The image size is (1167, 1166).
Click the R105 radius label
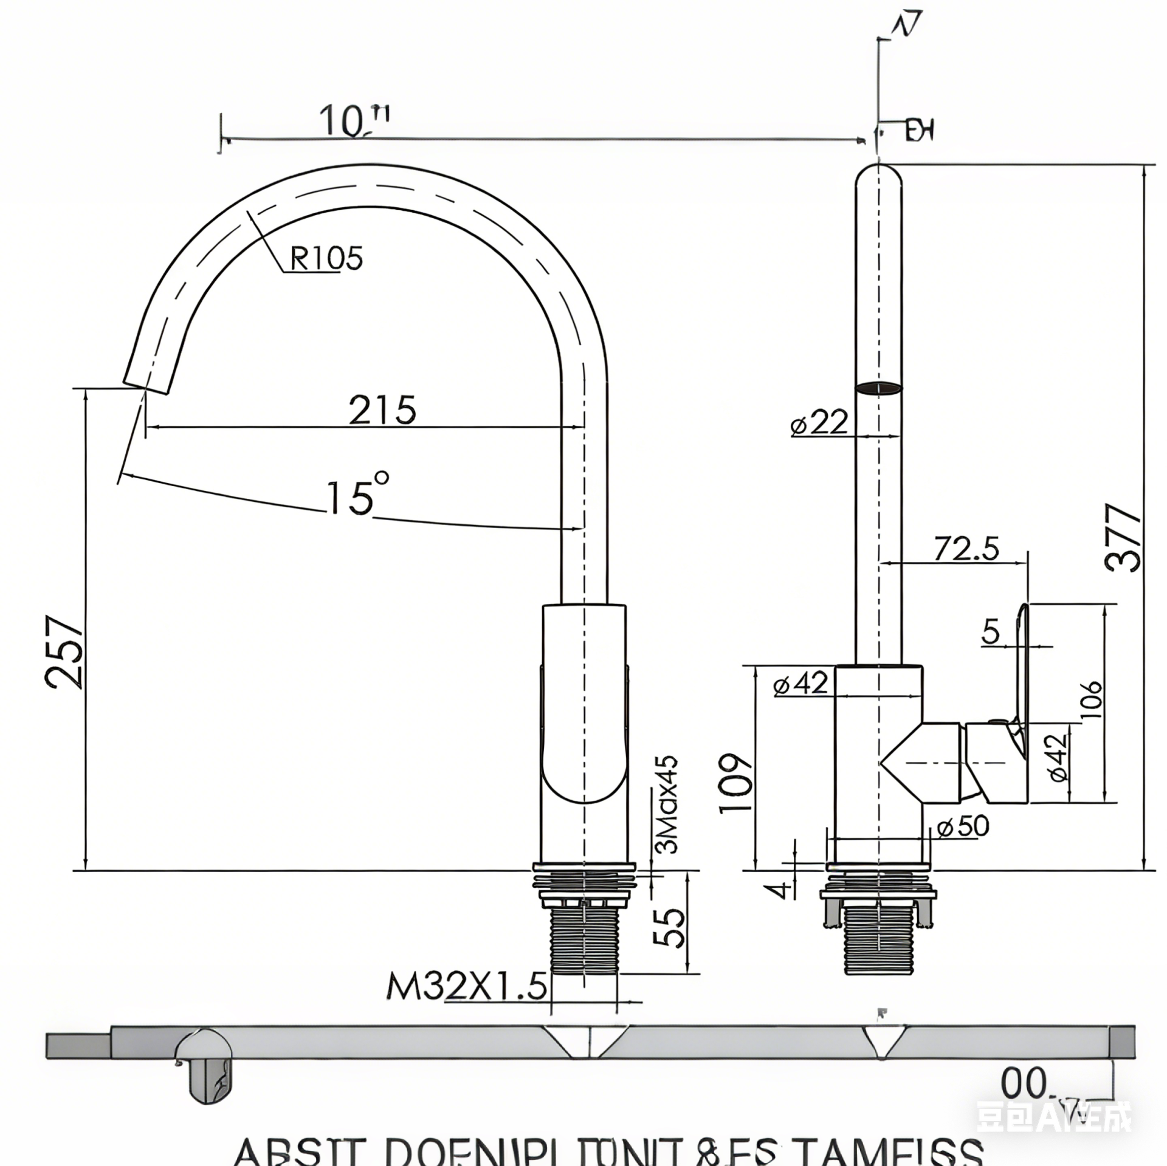point(326,258)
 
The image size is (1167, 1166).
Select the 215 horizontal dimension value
point(382,410)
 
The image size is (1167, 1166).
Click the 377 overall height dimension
point(1123,538)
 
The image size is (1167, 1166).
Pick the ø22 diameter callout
point(819,422)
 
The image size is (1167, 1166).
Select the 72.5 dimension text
point(966,549)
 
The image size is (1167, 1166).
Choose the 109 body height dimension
point(737,783)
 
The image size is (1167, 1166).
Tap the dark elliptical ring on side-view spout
point(878,388)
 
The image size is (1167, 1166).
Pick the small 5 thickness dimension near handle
point(991,631)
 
